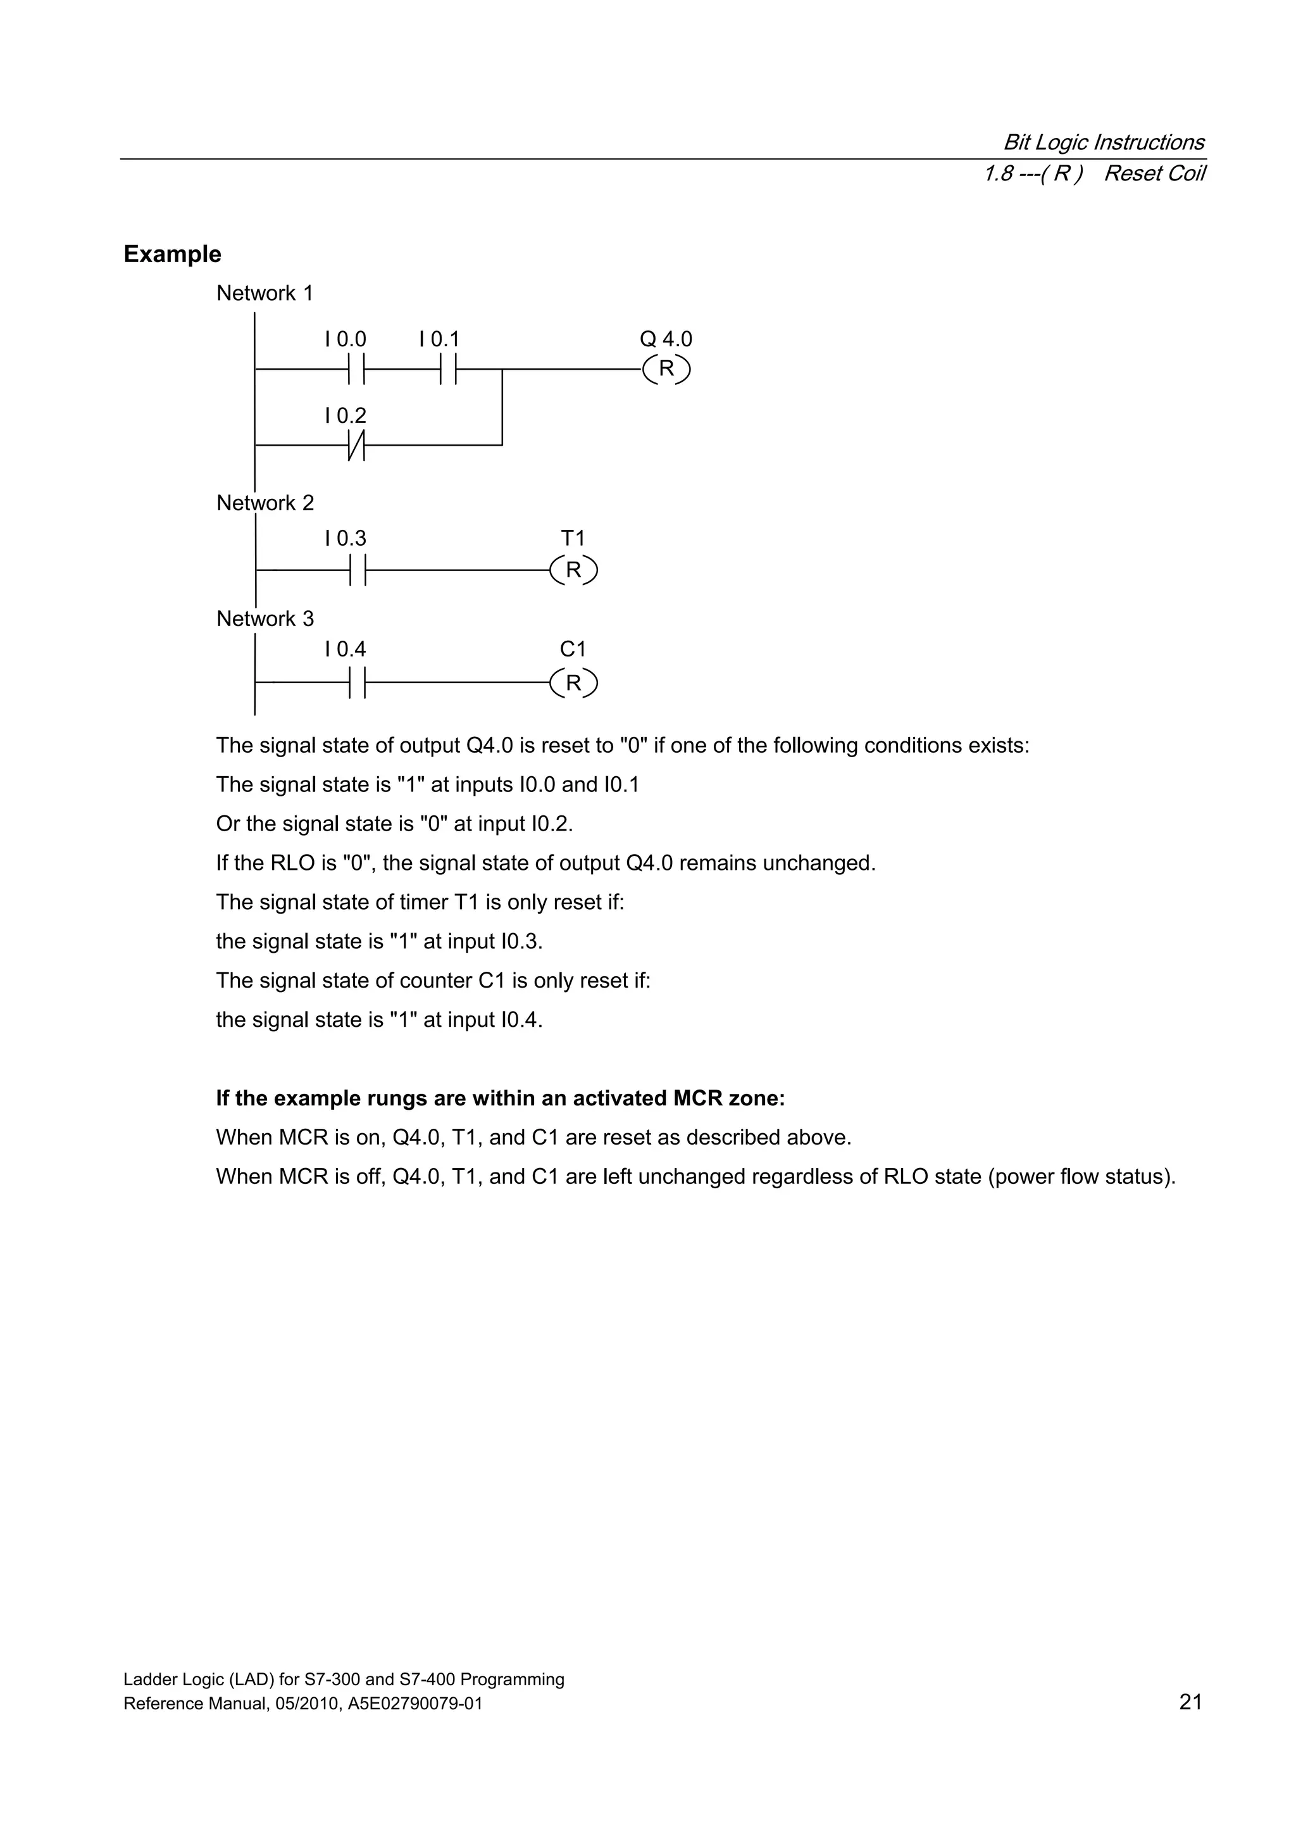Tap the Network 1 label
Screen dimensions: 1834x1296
265,293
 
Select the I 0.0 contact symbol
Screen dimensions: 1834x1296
356,369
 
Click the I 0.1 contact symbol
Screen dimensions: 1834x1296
448,369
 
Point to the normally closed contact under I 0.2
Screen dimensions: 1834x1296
356,445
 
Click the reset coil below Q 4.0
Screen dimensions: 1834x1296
666,369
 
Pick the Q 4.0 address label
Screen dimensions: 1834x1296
665,339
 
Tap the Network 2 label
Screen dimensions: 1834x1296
265,503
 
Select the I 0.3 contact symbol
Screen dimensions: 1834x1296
356,570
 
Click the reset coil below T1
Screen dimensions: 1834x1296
573,570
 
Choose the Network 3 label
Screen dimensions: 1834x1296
265,619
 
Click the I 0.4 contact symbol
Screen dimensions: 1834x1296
356,684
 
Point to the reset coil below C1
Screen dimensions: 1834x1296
573,684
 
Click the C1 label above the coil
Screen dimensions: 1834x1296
573,650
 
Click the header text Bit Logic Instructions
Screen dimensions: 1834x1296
1104,142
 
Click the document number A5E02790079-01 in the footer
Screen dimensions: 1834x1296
415,1726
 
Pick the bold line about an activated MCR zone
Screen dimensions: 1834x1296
500,1098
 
